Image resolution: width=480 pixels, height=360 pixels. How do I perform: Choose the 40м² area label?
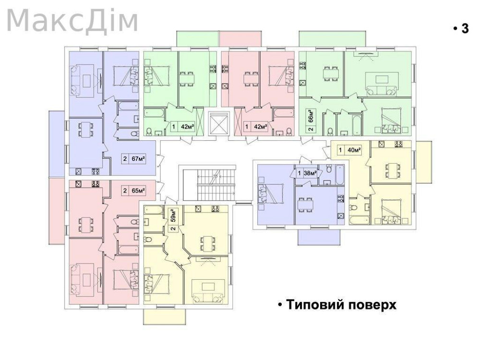click(x=354, y=150)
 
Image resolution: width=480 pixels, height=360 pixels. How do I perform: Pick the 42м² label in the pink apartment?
click(x=260, y=127)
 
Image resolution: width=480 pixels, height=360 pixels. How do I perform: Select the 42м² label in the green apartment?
click(x=186, y=127)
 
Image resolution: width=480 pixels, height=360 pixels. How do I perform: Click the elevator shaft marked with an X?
click(x=218, y=123)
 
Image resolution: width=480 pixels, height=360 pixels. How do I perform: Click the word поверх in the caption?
click(x=374, y=305)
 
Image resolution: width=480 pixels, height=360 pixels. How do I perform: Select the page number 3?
click(x=464, y=29)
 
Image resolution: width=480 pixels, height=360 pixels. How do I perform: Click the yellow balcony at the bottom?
click(x=164, y=317)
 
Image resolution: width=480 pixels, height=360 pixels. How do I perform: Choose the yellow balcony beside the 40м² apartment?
click(x=423, y=162)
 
